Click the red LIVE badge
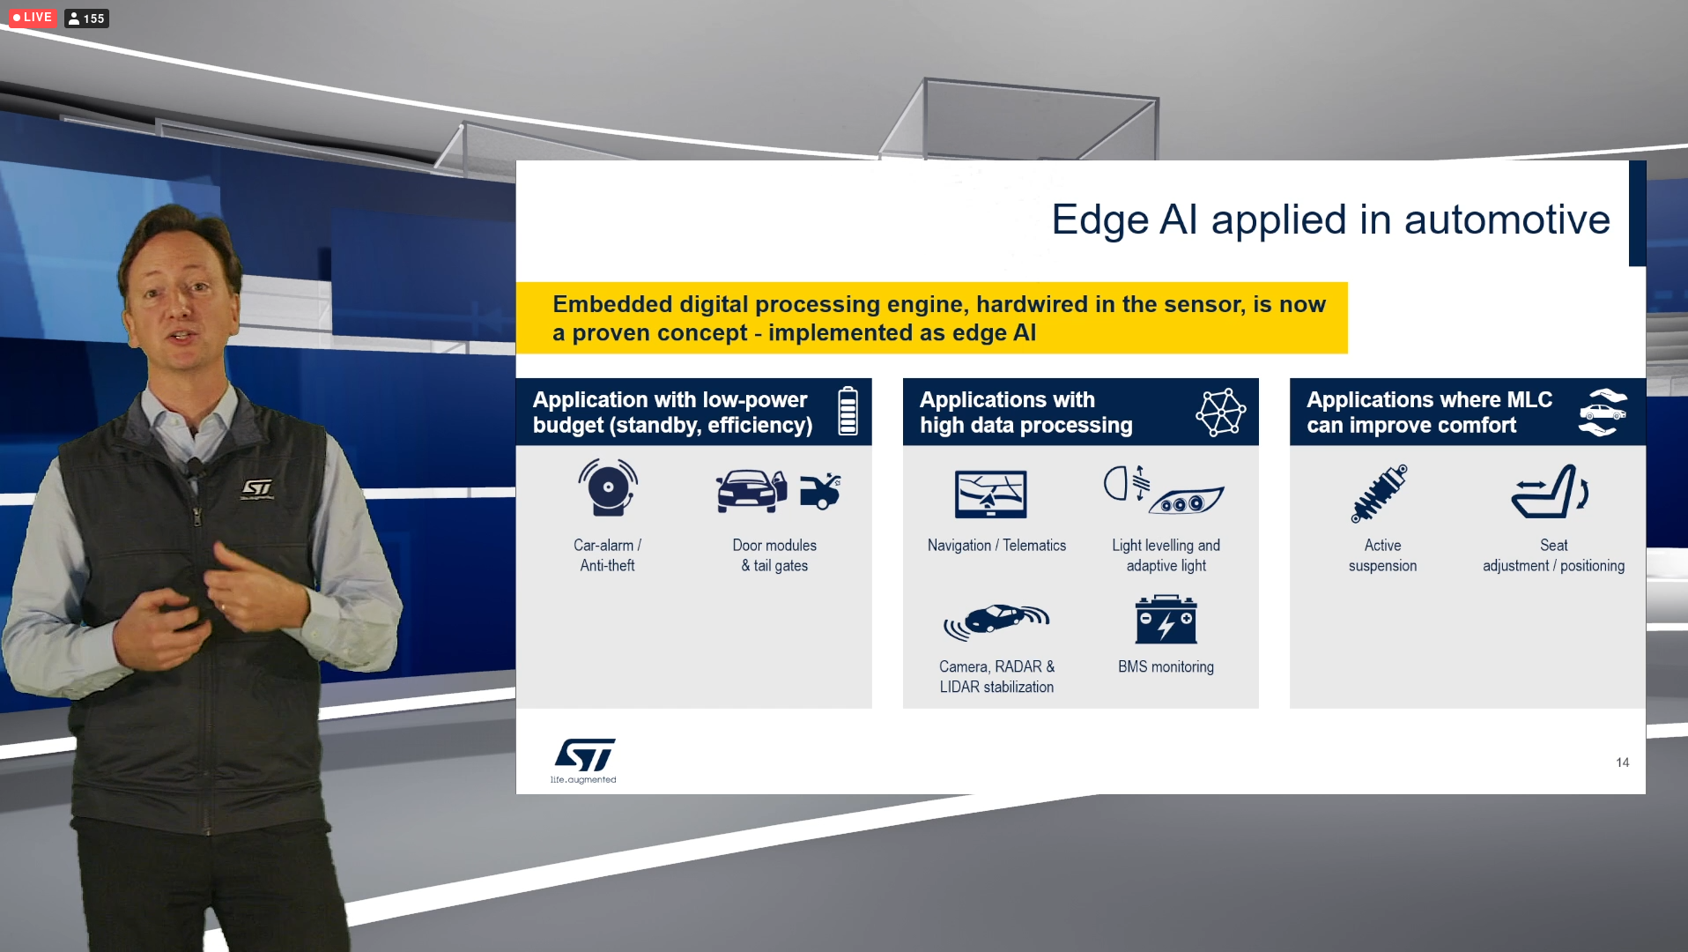pos(33,18)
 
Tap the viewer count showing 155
pos(86,18)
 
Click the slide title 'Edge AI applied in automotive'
pos(1330,219)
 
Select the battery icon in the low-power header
pos(848,411)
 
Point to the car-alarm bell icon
pos(608,487)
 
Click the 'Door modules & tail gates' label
pos(774,555)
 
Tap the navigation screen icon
pos(991,494)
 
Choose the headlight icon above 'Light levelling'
pos(1163,489)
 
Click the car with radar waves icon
pos(996,621)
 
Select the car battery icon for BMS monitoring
pos(1166,619)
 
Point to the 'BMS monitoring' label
pos(1166,667)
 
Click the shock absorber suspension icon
pos(1380,494)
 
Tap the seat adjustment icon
pos(1551,491)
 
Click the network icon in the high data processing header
pos(1220,412)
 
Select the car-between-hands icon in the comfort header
pos(1603,412)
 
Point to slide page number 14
pos(1622,762)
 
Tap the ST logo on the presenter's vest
pos(257,488)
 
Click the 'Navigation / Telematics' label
pos(996,546)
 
